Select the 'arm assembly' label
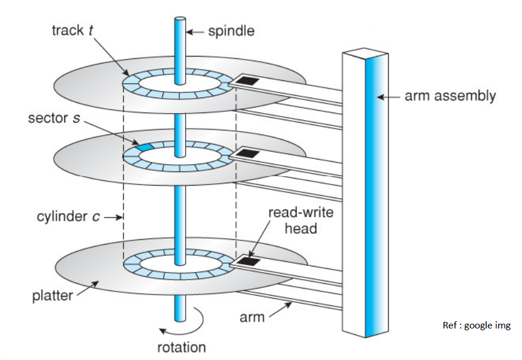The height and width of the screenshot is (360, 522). click(450, 95)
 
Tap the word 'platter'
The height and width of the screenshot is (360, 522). click(51, 296)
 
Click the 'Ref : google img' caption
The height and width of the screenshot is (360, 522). click(476, 325)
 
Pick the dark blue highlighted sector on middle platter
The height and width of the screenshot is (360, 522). click(145, 146)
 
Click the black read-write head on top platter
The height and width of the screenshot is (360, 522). click(248, 80)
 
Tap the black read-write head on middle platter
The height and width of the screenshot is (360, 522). click(249, 153)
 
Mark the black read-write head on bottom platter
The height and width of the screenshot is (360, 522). click(248, 261)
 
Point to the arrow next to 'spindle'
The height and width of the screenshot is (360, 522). click(196, 31)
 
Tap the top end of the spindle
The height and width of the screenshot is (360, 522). click(180, 20)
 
